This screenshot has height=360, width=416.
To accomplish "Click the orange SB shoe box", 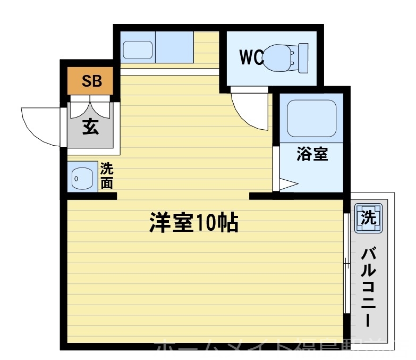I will pyautogui.click(x=91, y=81).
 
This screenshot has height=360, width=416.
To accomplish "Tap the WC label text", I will pyautogui.click(x=251, y=57).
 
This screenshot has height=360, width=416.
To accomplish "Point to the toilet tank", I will pyautogui.click(x=303, y=57).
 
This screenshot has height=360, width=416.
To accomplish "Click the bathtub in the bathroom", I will pyautogui.click(x=311, y=118).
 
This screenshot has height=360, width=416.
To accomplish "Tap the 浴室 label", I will pyautogui.click(x=312, y=154).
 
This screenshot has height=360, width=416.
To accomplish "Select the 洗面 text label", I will pyautogui.click(x=107, y=177).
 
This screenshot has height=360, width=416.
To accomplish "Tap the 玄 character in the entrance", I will pyautogui.click(x=90, y=128).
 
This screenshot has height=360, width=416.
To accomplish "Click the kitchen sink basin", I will pyautogui.click(x=138, y=50).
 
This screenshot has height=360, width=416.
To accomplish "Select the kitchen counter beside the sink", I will pyautogui.click(x=174, y=48).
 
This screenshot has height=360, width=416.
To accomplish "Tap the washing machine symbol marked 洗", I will pyautogui.click(x=369, y=217).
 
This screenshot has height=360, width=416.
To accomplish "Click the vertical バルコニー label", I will pyautogui.click(x=369, y=287).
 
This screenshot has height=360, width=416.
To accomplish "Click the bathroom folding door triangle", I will pyautogui.click(x=287, y=185).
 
